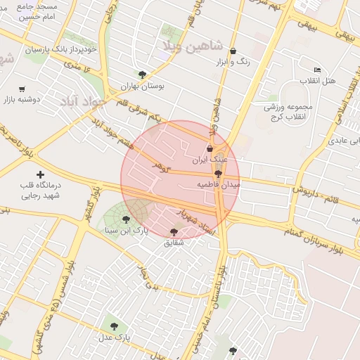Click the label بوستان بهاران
tap(142, 86)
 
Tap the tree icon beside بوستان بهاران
tap(143, 75)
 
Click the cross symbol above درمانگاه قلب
tap(40, 174)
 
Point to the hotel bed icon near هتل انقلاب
tap(317, 70)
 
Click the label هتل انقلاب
tap(318, 82)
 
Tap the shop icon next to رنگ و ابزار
tap(233, 51)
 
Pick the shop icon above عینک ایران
tap(210, 148)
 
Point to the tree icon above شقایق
tap(174, 232)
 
